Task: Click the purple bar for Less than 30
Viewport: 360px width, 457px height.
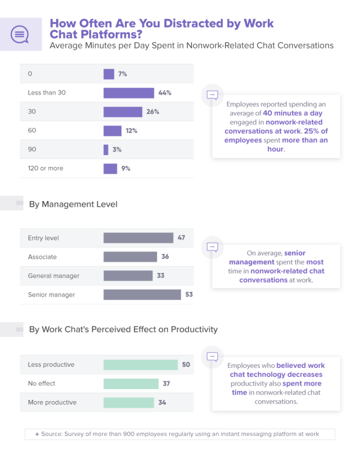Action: click(128, 93)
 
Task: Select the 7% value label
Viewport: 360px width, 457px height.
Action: click(122, 74)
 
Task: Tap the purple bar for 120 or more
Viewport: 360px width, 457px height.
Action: click(110, 168)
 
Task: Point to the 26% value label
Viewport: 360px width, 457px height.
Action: click(153, 112)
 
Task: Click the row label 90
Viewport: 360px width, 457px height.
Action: click(32, 150)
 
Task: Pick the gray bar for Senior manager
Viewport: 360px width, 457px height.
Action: click(142, 294)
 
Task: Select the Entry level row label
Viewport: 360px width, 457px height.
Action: click(43, 238)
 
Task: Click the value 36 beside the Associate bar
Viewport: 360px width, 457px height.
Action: click(165, 257)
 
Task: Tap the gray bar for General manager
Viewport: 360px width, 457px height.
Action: click(128, 276)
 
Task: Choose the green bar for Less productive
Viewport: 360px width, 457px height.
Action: click(141, 365)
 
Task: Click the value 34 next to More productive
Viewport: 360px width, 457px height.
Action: click(162, 402)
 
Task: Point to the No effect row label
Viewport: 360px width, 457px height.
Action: click(41, 383)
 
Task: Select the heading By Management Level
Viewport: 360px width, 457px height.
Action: click(73, 204)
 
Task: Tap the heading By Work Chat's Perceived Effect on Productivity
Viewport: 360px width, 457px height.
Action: click(123, 330)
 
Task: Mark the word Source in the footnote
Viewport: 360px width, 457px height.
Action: click(52, 434)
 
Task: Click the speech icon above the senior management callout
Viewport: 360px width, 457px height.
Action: click(212, 246)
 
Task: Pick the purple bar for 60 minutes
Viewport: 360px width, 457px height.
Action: click(112, 131)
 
